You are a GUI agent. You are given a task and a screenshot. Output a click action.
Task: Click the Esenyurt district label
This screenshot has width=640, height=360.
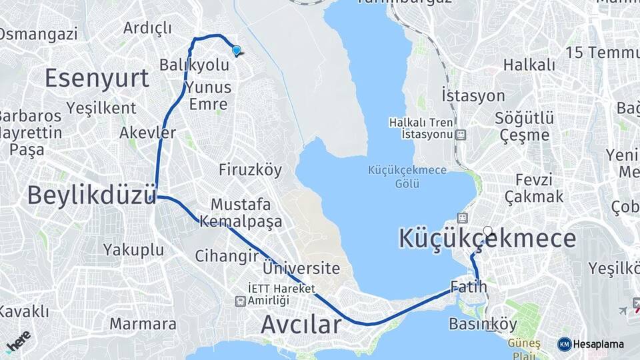pyautogui.click(x=97, y=78)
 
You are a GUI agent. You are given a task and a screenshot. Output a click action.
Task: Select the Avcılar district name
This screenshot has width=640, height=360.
pyautogui.click(x=301, y=325)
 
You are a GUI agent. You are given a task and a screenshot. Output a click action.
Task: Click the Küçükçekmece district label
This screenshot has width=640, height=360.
pyautogui.click(x=487, y=239)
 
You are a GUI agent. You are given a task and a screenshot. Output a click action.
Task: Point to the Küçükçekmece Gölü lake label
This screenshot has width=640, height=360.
pyautogui.click(x=407, y=177)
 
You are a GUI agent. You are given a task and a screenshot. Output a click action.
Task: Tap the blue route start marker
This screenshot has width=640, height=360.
pyautogui.click(x=236, y=50)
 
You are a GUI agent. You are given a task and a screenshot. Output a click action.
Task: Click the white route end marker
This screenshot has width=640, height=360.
pyautogui.click(x=488, y=231)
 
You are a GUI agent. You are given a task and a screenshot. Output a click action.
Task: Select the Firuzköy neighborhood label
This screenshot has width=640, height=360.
pyautogui.click(x=250, y=170)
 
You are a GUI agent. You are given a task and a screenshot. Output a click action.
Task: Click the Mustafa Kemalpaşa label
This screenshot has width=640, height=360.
pyautogui.click(x=246, y=213)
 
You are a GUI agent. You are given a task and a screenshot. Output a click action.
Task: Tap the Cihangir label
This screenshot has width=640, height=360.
pyautogui.click(x=226, y=256)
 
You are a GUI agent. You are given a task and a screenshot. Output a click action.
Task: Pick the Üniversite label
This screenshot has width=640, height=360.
pyautogui.click(x=301, y=269)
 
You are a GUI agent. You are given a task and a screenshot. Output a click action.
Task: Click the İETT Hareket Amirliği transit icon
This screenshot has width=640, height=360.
pyautogui.click(x=239, y=301)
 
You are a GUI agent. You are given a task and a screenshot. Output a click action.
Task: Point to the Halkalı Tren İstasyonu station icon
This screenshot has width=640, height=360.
pyautogui.click(x=461, y=135)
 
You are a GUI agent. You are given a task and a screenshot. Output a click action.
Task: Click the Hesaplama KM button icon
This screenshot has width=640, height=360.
pyautogui.click(x=565, y=344)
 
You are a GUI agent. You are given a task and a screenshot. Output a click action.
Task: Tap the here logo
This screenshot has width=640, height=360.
pyautogui.click(x=17, y=341)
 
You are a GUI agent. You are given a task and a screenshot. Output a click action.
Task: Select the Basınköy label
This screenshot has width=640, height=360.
pyautogui.click(x=483, y=325)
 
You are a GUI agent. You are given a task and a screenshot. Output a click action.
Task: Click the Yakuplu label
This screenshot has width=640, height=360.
pyautogui.click(x=133, y=250)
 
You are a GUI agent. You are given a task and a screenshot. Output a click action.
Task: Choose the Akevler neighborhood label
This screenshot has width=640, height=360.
pyautogui.click(x=147, y=133)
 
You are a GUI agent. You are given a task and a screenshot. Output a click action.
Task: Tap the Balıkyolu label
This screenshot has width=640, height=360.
pyautogui.click(x=194, y=65)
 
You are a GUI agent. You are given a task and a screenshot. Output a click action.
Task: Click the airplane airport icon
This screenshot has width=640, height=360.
pyautogui.click(x=623, y=310)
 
